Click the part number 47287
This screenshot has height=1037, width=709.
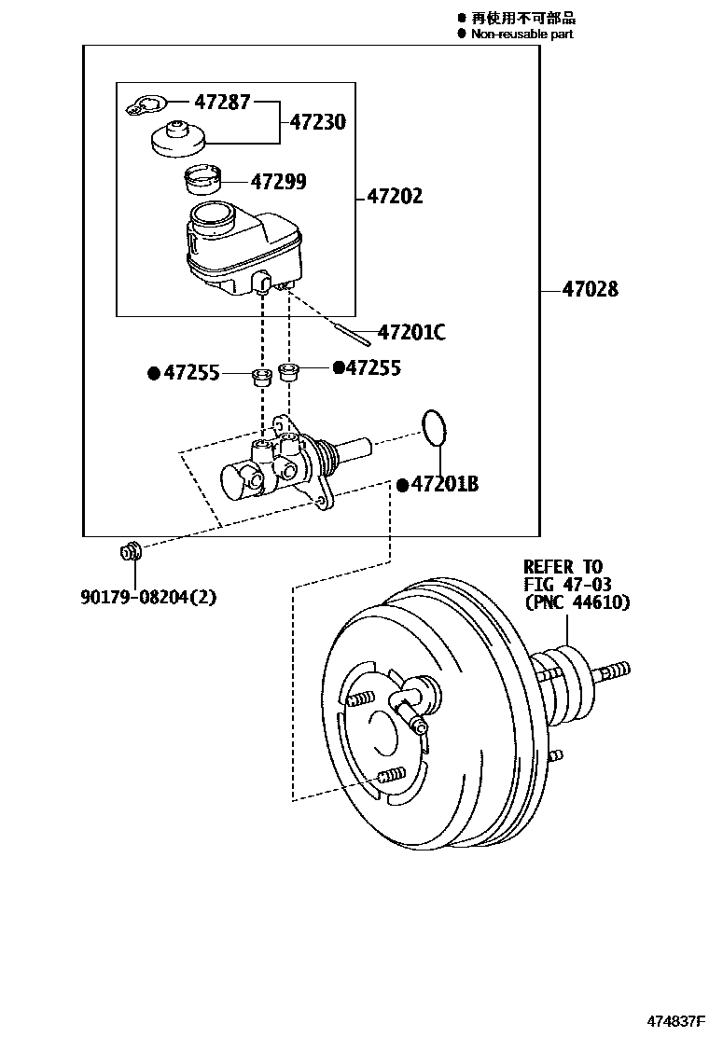point(222,103)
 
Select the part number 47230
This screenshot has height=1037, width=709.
point(317,122)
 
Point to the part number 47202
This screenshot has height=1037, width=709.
point(395,197)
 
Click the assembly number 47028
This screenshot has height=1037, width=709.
point(590,290)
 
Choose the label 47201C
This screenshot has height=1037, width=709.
point(411,332)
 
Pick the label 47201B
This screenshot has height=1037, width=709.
point(445,485)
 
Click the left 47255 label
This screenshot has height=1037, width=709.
point(191,374)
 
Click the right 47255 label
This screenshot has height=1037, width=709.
point(373,368)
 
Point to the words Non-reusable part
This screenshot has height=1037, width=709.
point(521,35)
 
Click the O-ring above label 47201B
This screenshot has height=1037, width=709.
point(434,426)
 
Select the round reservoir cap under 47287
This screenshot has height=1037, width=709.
point(176,140)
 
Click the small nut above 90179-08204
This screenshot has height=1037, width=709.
point(130,552)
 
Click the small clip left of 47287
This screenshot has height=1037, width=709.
point(146,107)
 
